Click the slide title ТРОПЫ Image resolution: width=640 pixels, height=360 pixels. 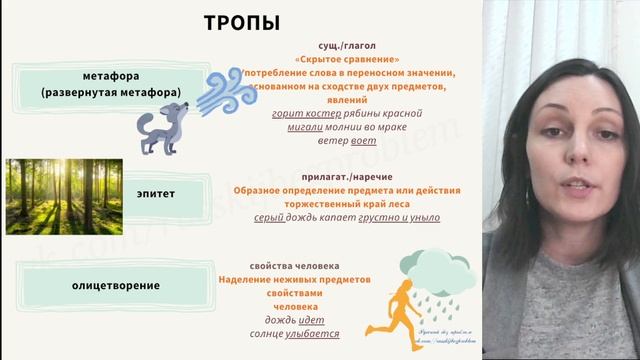[x=242, y=23]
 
